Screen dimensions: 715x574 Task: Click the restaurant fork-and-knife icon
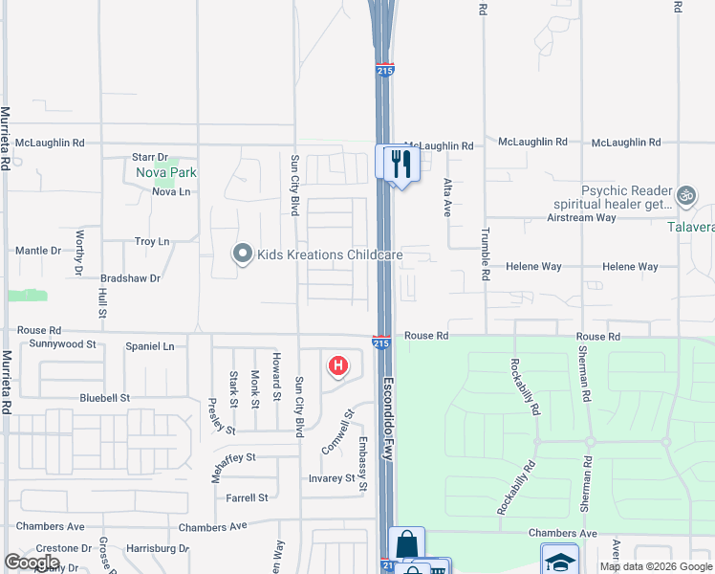(x=399, y=163)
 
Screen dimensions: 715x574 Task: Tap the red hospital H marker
(x=337, y=365)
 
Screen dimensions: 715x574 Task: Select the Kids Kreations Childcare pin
(x=243, y=254)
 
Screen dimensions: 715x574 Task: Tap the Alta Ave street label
(x=445, y=198)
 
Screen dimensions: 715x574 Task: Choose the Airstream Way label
(x=581, y=217)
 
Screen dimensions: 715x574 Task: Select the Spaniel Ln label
(x=150, y=346)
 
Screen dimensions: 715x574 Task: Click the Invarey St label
(x=331, y=478)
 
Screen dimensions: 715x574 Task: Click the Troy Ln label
(x=152, y=242)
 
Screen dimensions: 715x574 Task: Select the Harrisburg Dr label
(x=157, y=549)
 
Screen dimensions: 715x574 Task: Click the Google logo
(x=32, y=563)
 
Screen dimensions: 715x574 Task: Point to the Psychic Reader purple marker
(x=684, y=196)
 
